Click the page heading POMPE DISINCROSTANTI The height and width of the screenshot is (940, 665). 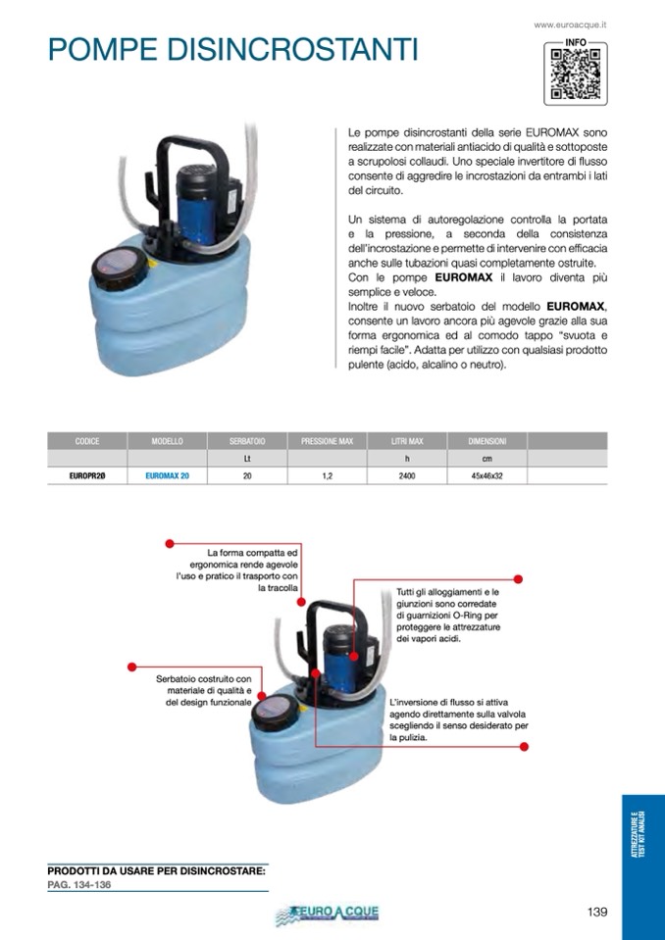232,49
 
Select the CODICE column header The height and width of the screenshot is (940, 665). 87,441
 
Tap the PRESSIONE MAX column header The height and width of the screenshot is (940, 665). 327,441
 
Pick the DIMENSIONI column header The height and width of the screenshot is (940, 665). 486,441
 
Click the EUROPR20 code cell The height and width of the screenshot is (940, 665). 87,475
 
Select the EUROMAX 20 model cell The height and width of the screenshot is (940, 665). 168,475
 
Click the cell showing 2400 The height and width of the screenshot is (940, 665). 407,475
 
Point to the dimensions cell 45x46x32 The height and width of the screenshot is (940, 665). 486,475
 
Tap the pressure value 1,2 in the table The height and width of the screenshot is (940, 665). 327,475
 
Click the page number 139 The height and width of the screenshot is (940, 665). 597,912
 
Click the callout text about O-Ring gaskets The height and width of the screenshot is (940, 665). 448,615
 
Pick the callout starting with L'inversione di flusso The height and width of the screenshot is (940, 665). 459,719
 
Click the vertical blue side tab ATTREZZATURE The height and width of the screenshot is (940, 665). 642,838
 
